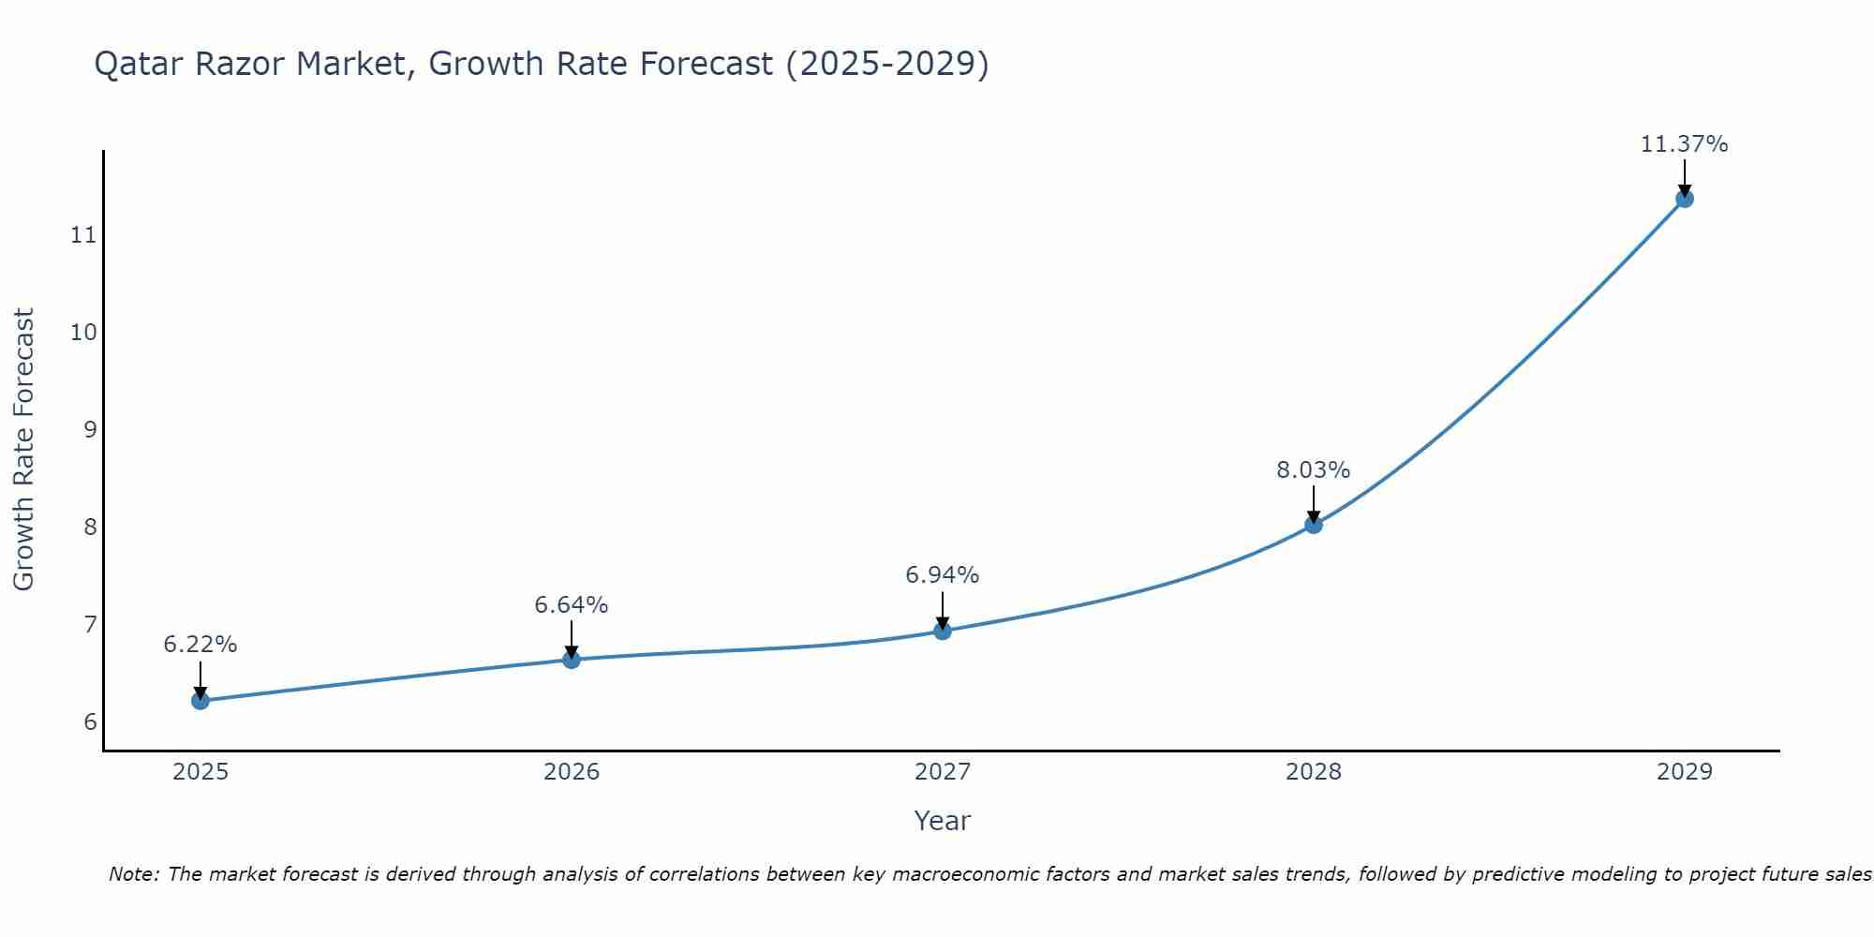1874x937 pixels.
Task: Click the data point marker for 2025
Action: pos(200,701)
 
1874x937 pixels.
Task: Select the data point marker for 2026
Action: pos(571,660)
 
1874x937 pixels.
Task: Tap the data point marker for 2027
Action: pos(943,631)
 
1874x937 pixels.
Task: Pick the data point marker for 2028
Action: pos(1314,525)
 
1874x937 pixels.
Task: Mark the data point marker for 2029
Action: pos(1685,199)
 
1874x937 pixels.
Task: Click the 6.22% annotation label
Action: pos(200,645)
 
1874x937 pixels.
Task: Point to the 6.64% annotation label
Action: pos(571,605)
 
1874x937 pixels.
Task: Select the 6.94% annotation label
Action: pos(942,575)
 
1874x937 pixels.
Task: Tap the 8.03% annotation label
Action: pos(1313,470)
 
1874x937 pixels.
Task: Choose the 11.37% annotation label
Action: pos(1684,144)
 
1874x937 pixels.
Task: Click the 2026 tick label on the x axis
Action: pos(572,772)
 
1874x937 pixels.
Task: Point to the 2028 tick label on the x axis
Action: pos(1314,772)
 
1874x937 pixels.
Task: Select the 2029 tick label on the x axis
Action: pos(1685,772)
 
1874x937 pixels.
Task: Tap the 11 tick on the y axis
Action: pos(83,234)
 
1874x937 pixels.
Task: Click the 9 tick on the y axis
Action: pos(90,429)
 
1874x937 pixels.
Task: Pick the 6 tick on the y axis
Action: pos(90,721)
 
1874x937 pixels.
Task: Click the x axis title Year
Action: pos(942,821)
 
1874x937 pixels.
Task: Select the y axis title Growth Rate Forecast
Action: pos(23,450)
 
